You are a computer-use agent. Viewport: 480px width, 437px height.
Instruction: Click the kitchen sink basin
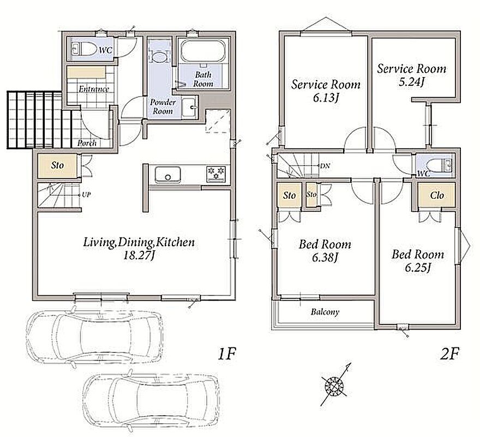pos(167,175)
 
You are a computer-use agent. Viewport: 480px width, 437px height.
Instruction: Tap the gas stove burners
pos(216,174)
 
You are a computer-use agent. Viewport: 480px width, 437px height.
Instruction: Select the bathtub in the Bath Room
pos(203,51)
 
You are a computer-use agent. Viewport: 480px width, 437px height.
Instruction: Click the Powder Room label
pos(163,107)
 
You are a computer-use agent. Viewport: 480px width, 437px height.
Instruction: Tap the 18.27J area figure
pos(138,256)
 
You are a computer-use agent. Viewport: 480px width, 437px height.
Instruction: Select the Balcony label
pos(325,312)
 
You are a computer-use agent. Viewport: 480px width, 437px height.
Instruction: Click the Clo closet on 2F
pos(437,195)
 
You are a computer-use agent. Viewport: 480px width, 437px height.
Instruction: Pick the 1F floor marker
pos(227,354)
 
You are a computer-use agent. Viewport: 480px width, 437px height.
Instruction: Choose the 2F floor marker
pos(449,355)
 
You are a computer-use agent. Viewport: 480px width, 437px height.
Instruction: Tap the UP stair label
pos(86,194)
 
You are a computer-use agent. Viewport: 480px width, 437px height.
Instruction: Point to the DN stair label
pos(325,166)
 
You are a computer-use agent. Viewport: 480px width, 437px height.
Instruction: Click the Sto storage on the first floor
pos(57,166)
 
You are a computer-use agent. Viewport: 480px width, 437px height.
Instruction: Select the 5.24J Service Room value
pos(411,82)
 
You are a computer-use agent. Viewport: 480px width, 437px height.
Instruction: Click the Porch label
pos(87,143)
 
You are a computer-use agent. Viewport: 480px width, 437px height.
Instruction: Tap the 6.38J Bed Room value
pos(325,258)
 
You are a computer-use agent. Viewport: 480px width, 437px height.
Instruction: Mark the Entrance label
pos(94,89)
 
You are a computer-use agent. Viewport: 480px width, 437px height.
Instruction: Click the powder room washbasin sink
pos(189,107)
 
